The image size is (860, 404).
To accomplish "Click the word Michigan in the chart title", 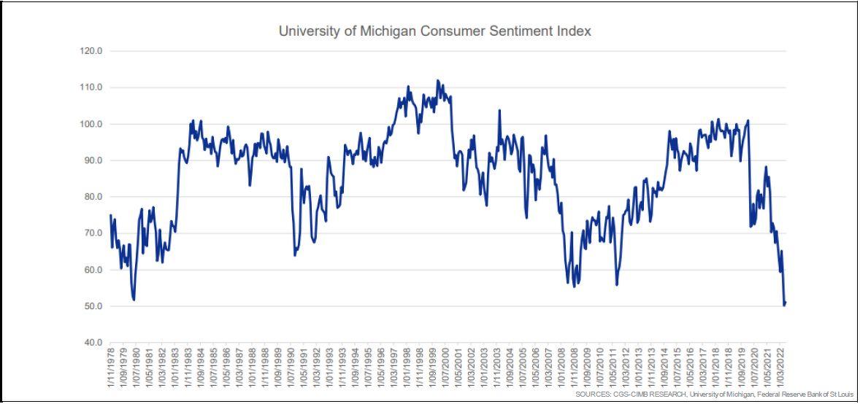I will pyautogui.click(x=387, y=31).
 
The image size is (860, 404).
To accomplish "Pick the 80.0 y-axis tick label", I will pyautogui.click(x=92, y=197).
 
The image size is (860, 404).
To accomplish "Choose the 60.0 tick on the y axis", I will pyautogui.click(x=92, y=270).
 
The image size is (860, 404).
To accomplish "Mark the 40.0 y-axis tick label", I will pyautogui.click(x=92, y=342).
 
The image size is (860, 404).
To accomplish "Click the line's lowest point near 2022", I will pyautogui.click(x=784, y=305).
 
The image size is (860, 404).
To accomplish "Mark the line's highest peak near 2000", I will pyautogui.click(x=437, y=80).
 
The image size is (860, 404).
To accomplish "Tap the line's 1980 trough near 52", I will pyautogui.click(x=134, y=299).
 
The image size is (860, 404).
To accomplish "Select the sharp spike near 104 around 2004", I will pyautogui.click(x=499, y=110).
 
